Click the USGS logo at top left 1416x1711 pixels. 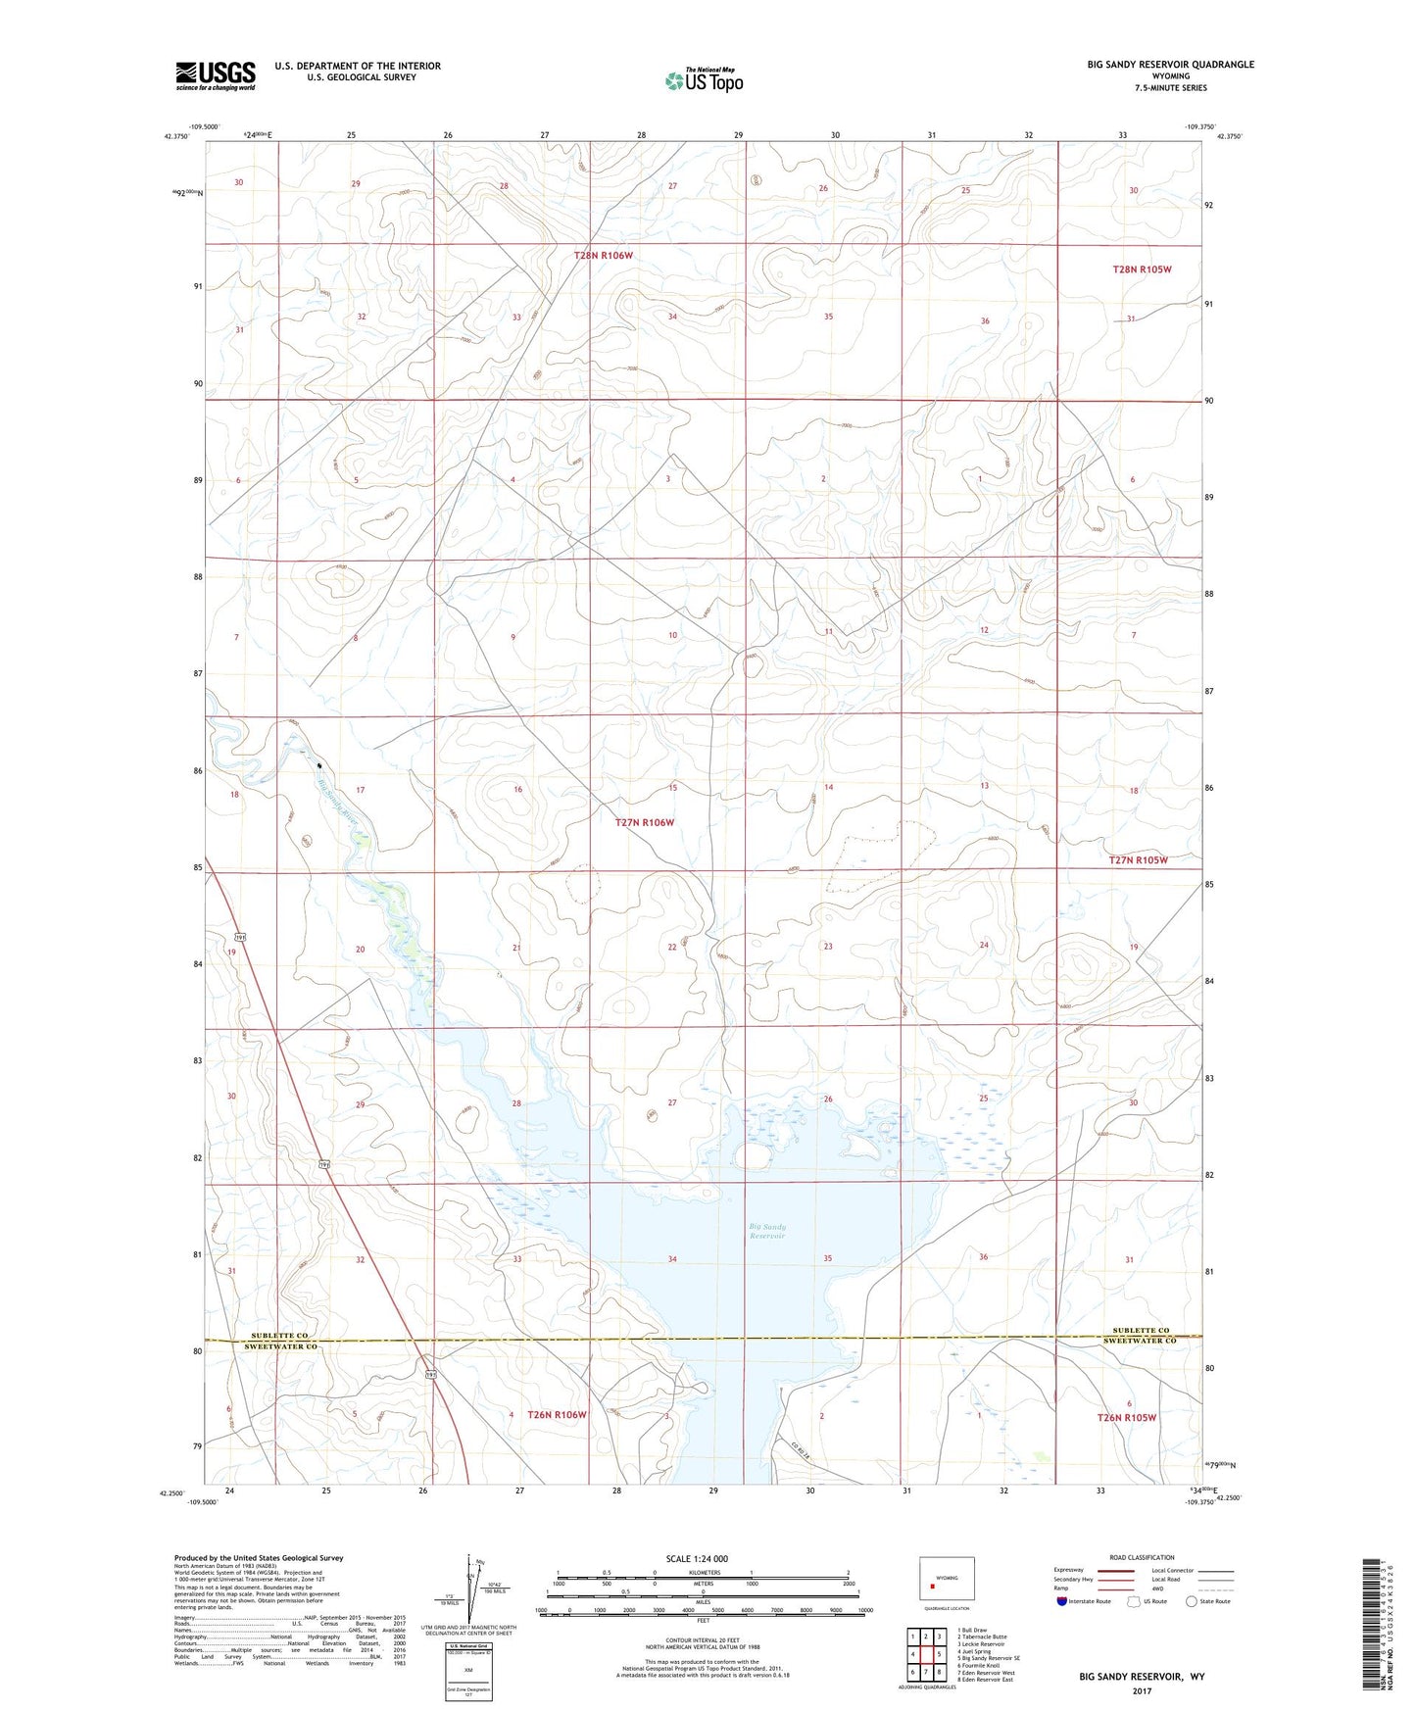coord(216,75)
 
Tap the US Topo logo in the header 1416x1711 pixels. coord(704,80)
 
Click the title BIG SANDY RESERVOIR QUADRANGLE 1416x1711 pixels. coord(1170,65)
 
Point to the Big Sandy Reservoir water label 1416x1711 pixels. coord(767,1231)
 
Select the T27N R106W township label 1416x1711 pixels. coord(643,822)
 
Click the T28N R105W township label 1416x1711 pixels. coord(1142,269)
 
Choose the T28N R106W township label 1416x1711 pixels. coord(604,255)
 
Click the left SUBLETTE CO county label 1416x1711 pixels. coord(279,1336)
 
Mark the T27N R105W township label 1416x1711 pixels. coord(1138,859)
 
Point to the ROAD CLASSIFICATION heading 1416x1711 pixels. coord(1142,1557)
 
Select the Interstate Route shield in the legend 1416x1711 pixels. coord(1064,1601)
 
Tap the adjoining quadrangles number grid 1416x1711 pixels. coord(925,1653)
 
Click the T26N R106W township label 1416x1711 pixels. coord(557,1414)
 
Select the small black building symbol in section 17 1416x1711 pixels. coord(319,765)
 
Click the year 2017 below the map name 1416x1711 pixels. coord(1142,1690)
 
